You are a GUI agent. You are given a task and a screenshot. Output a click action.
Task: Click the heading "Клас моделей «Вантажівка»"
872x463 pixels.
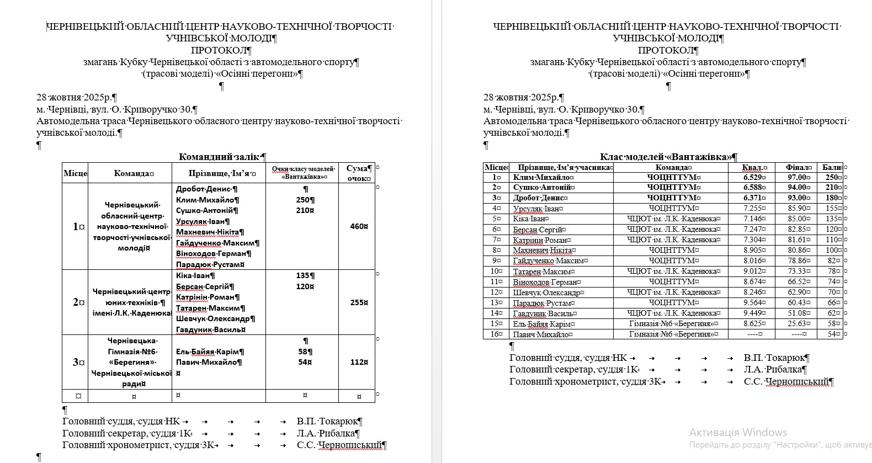pos(668,157)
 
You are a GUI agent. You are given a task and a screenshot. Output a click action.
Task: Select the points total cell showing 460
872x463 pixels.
pos(358,226)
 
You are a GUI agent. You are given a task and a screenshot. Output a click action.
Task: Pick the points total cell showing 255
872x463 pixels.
pos(358,302)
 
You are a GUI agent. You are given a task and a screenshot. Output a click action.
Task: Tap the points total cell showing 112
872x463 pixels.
pos(358,362)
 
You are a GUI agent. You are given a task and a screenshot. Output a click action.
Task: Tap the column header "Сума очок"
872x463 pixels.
pos(358,173)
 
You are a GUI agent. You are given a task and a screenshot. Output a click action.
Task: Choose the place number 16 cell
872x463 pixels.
pos(496,334)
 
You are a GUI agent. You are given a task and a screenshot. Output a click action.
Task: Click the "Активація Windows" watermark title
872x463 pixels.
pos(738,432)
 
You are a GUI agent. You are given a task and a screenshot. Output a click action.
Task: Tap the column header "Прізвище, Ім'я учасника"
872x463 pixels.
pos(561,167)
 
